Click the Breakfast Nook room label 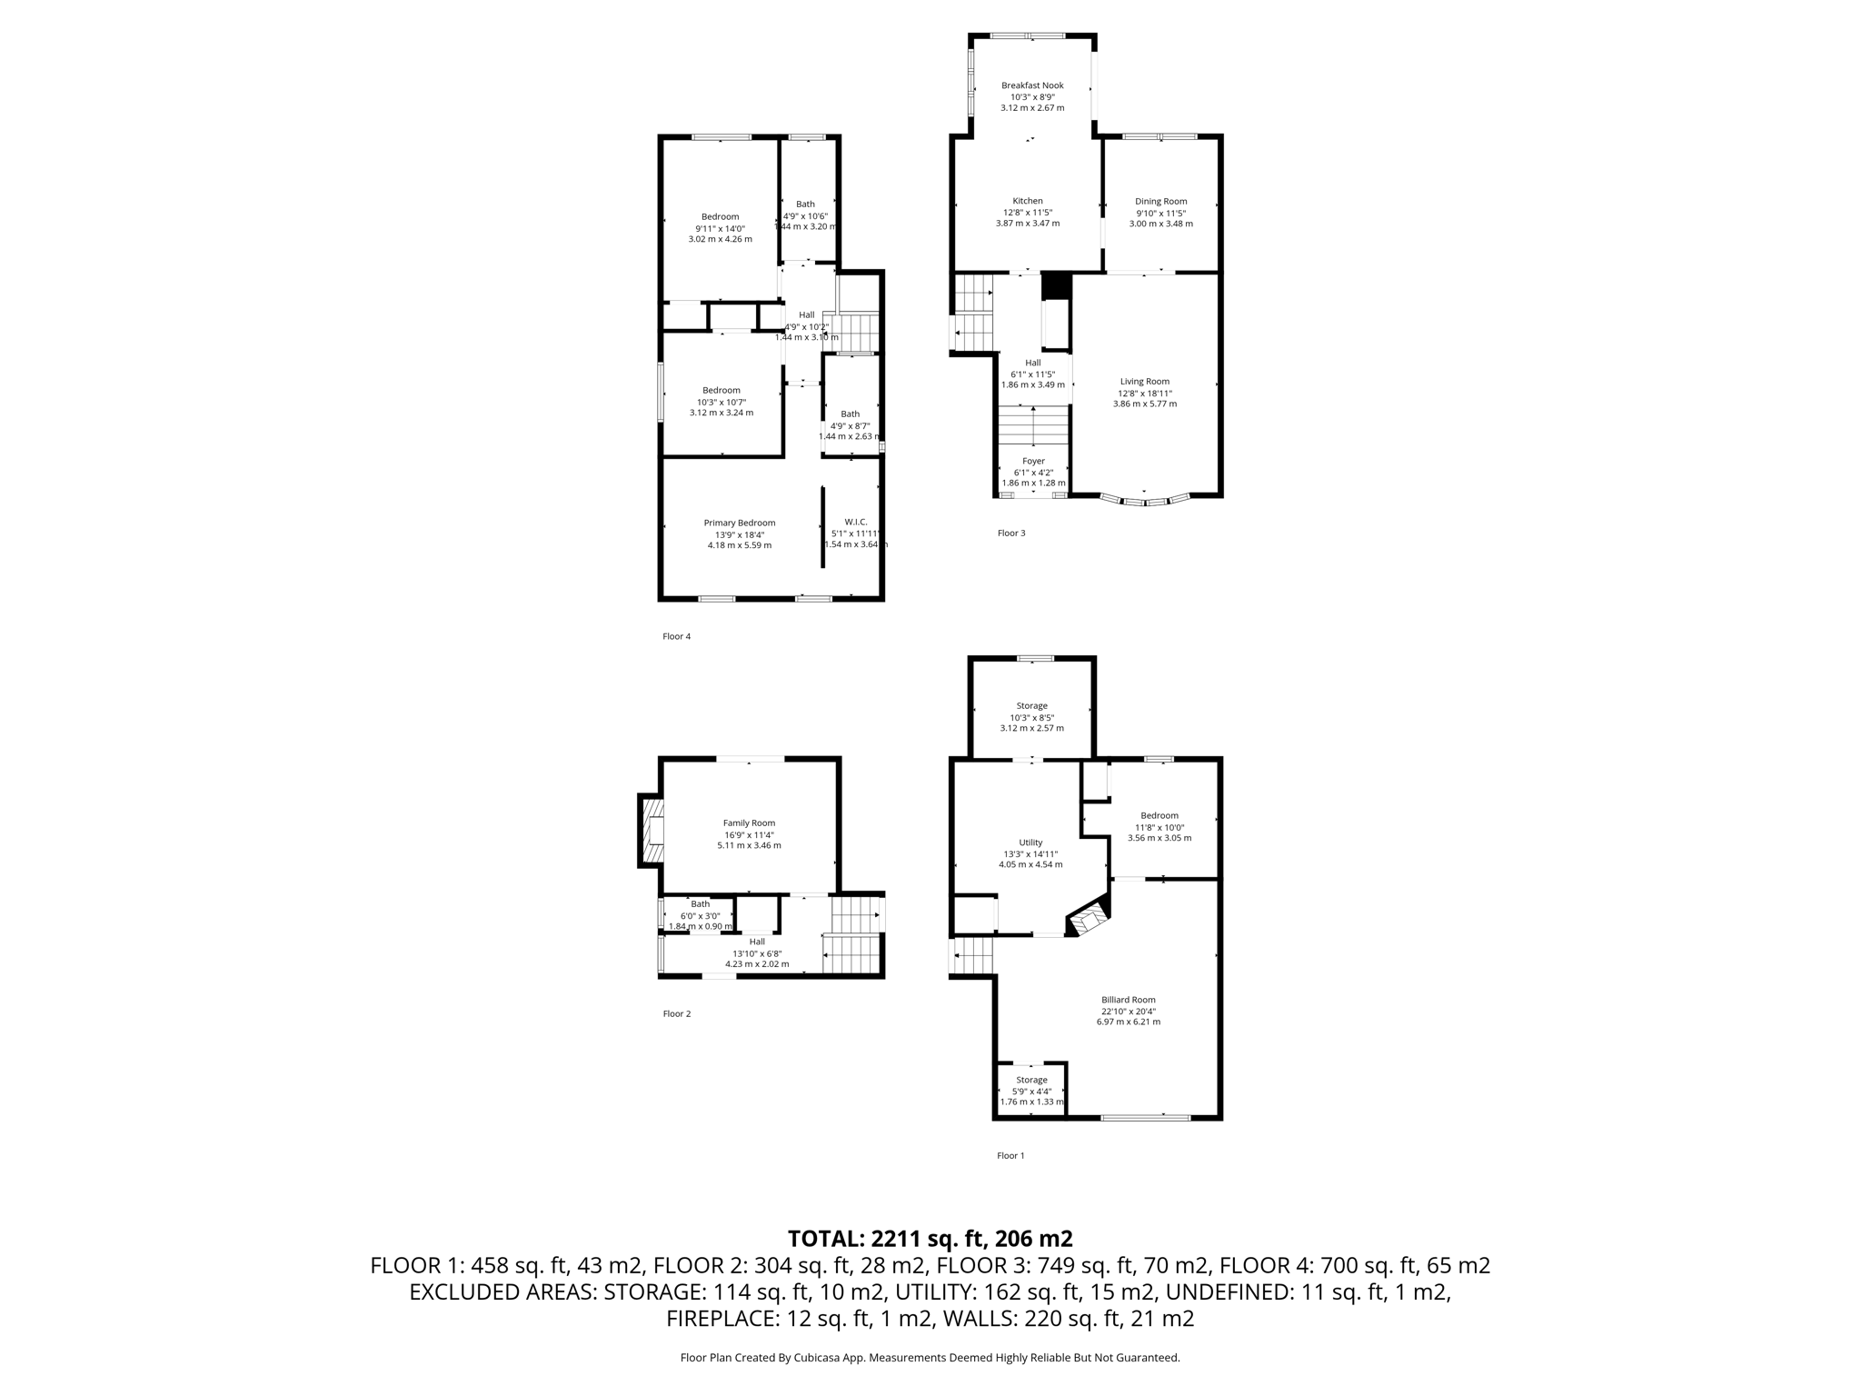tap(1032, 85)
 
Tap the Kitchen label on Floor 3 tap(1028, 201)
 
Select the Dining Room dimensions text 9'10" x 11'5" tap(1160, 213)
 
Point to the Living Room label tap(1144, 382)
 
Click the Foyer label tap(1033, 461)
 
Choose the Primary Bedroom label tap(740, 523)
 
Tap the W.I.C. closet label tap(855, 522)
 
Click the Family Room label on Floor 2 tap(749, 823)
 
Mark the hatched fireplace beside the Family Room tap(652, 830)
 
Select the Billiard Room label tap(1129, 1000)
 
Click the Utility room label tap(1030, 843)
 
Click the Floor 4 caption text tap(676, 636)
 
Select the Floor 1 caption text tap(1010, 1155)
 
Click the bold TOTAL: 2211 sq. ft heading tap(930, 1239)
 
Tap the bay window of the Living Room tap(1144, 499)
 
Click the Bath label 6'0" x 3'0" tap(700, 904)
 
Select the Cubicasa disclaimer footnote tap(930, 1358)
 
